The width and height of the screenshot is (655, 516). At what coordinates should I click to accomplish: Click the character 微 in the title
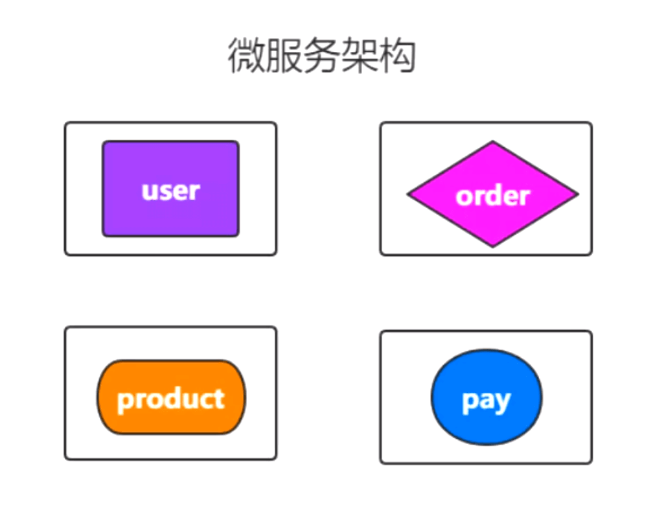pyautogui.click(x=246, y=56)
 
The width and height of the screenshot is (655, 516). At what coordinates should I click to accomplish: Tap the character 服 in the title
pyautogui.click(x=283, y=56)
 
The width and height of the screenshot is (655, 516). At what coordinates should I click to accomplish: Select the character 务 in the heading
pyautogui.click(x=321, y=56)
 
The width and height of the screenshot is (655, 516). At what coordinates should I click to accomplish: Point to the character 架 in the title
pyautogui.click(x=358, y=56)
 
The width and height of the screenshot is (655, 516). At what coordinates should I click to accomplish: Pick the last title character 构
pyautogui.click(x=396, y=56)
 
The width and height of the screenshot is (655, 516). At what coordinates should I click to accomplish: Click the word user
pyautogui.click(x=170, y=191)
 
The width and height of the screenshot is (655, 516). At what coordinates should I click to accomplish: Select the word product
pyautogui.click(x=171, y=399)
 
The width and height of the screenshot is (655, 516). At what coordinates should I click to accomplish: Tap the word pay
pyautogui.click(x=487, y=401)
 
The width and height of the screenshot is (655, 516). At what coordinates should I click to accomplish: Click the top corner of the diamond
pyautogui.click(x=492, y=142)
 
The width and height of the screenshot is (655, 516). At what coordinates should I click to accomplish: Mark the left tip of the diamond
pyautogui.click(x=408, y=194)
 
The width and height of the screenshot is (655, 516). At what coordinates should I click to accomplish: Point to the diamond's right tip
pyautogui.click(x=577, y=194)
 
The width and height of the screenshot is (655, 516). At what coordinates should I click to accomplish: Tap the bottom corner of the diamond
pyautogui.click(x=492, y=246)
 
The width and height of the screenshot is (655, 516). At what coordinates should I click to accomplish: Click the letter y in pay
pyautogui.click(x=501, y=403)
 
